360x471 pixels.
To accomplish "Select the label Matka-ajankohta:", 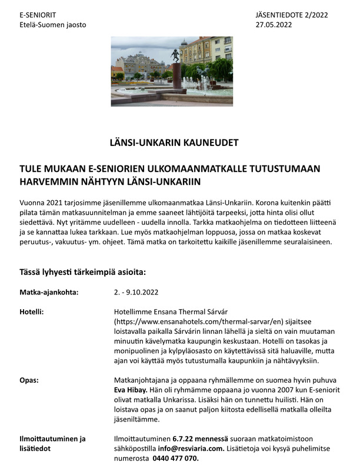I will pos(49,291).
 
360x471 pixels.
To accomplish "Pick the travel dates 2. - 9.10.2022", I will pos(136,291).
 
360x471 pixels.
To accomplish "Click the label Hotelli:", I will pos(33,312).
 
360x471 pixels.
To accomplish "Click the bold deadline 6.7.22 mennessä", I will pos(201,439).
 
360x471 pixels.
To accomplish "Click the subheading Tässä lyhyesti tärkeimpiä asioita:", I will pos(82,272).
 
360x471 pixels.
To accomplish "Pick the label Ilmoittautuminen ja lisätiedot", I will pos(53,443).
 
